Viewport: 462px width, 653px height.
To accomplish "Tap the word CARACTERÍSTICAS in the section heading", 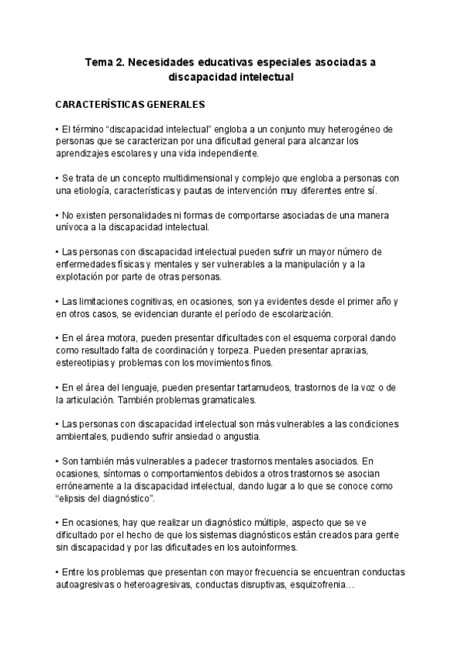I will click(98, 104).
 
